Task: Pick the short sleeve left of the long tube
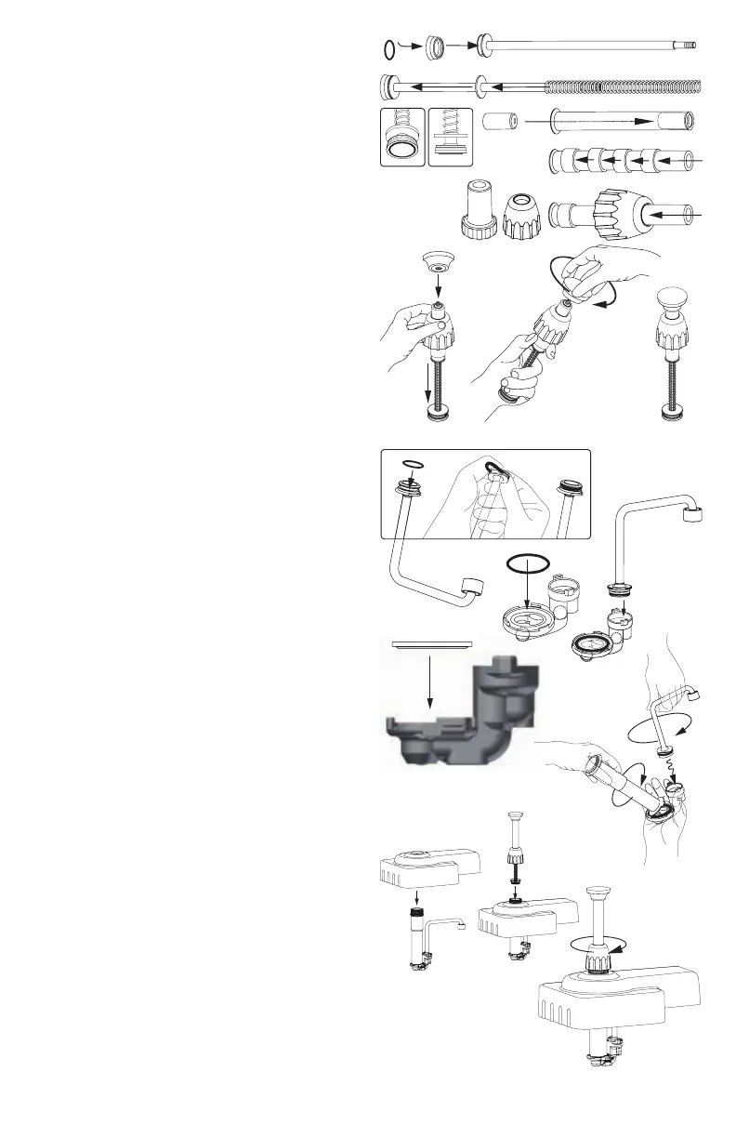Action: click(x=500, y=121)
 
